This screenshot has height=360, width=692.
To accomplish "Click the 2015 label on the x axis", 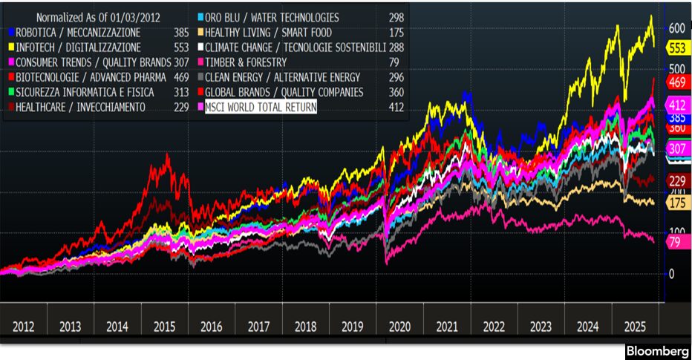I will (164, 326).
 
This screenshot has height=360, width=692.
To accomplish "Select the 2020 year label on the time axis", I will (399, 326).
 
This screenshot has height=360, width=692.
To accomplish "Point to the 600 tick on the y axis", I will (676, 27).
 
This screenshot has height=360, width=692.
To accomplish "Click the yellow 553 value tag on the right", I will (677, 48).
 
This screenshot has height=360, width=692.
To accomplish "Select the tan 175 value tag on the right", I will (677, 203).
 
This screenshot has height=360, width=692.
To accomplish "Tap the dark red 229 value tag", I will (677, 181).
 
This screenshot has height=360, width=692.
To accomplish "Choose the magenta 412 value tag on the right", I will (677, 105).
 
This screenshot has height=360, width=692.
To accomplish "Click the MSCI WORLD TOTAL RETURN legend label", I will (261, 108).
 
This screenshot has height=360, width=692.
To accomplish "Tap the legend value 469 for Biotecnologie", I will (181, 77).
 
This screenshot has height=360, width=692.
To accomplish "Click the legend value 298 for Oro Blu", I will (396, 17).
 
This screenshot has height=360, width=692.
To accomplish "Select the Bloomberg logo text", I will (655, 351).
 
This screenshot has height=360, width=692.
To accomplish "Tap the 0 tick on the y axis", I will (672, 274).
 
